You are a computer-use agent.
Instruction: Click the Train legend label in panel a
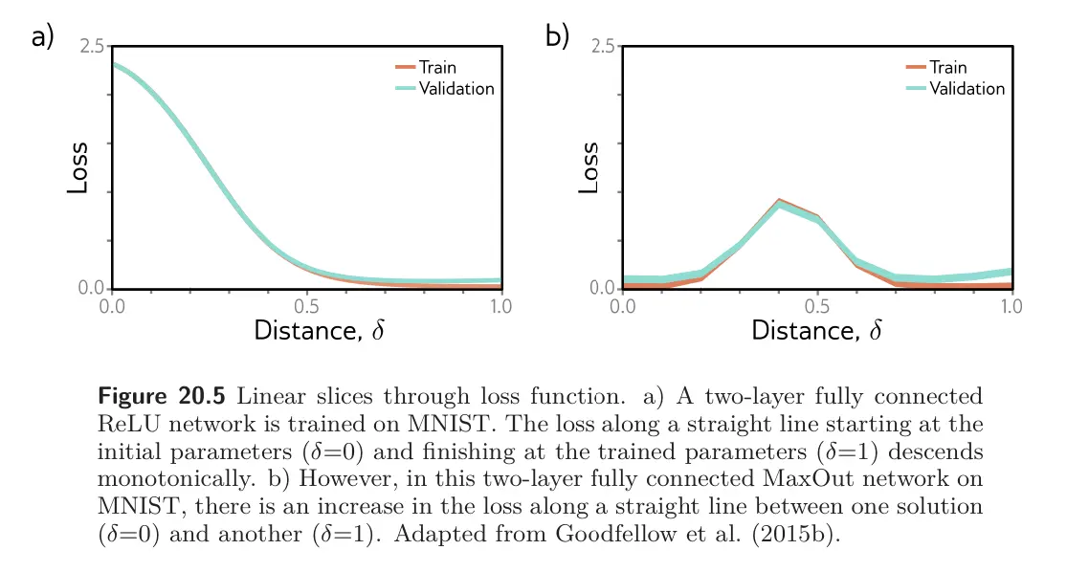click(x=437, y=67)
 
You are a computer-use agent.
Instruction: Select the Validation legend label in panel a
click(x=456, y=89)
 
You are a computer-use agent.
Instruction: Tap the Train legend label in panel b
click(x=948, y=67)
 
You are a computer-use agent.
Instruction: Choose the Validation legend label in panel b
click(x=967, y=89)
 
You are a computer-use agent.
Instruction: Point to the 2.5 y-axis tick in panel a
click(x=92, y=47)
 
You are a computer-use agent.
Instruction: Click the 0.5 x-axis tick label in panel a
click(x=306, y=306)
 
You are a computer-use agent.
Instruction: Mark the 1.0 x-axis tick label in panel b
click(x=1011, y=306)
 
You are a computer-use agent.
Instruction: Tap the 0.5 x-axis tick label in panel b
click(x=817, y=306)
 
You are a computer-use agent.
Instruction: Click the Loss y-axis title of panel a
click(x=78, y=168)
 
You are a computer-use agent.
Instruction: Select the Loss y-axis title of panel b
click(x=589, y=168)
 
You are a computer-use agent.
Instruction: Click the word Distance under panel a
click(x=308, y=330)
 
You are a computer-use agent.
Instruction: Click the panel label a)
click(x=42, y=36)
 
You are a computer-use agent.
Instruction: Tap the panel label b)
click(x=557, y=36)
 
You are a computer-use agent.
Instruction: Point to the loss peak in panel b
click(x=779, y=201)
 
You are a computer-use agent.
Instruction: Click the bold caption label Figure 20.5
click(x=162, y=396)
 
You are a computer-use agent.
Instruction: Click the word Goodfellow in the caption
click(x=615, y=534)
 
